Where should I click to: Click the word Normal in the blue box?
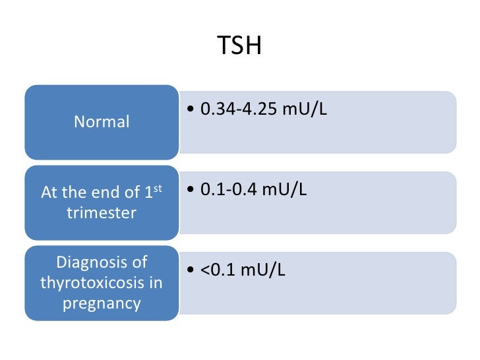click(x=102, y=122)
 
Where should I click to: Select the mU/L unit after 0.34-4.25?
click(x=304, y=109)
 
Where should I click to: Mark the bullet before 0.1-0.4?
click(x=191, y=191)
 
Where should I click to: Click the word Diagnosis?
click(x=92, y=262)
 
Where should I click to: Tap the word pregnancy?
click(x=102, y=304)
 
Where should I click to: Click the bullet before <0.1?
click(x=191, y=271)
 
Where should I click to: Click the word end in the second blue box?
click(x=97, y=193)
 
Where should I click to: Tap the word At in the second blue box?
click(x=49, y=193)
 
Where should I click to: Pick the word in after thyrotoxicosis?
click(x=156, y=283)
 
